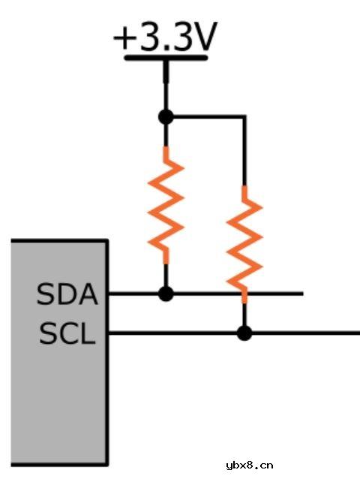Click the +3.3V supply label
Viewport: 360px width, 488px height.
pos(165,37)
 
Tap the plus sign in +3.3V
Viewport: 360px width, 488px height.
pos(124,38)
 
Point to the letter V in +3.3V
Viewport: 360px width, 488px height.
pos(203,37)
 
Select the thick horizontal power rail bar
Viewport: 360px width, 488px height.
pos(166,58)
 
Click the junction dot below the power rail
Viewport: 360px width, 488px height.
pos(166,117)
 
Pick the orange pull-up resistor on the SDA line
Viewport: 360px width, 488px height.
pos(166,206)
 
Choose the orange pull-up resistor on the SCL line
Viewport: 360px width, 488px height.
pos(244,244)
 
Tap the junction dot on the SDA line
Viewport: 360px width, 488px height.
pos(166,294)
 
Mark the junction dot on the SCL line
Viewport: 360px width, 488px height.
pos(244,333)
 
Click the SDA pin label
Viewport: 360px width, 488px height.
pos(67,294)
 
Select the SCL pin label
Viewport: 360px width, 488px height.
pos(67,333)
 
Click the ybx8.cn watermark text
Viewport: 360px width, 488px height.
pos(250,465)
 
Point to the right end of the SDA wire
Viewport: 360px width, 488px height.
pos(303,294)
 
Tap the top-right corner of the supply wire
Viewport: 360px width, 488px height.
pos(245,117)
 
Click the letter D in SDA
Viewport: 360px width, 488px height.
pos(67,294)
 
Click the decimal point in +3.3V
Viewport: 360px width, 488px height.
pos(166,48)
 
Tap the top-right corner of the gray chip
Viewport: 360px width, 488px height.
pos(107,240)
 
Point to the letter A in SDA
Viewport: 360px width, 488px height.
pos(88,294)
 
